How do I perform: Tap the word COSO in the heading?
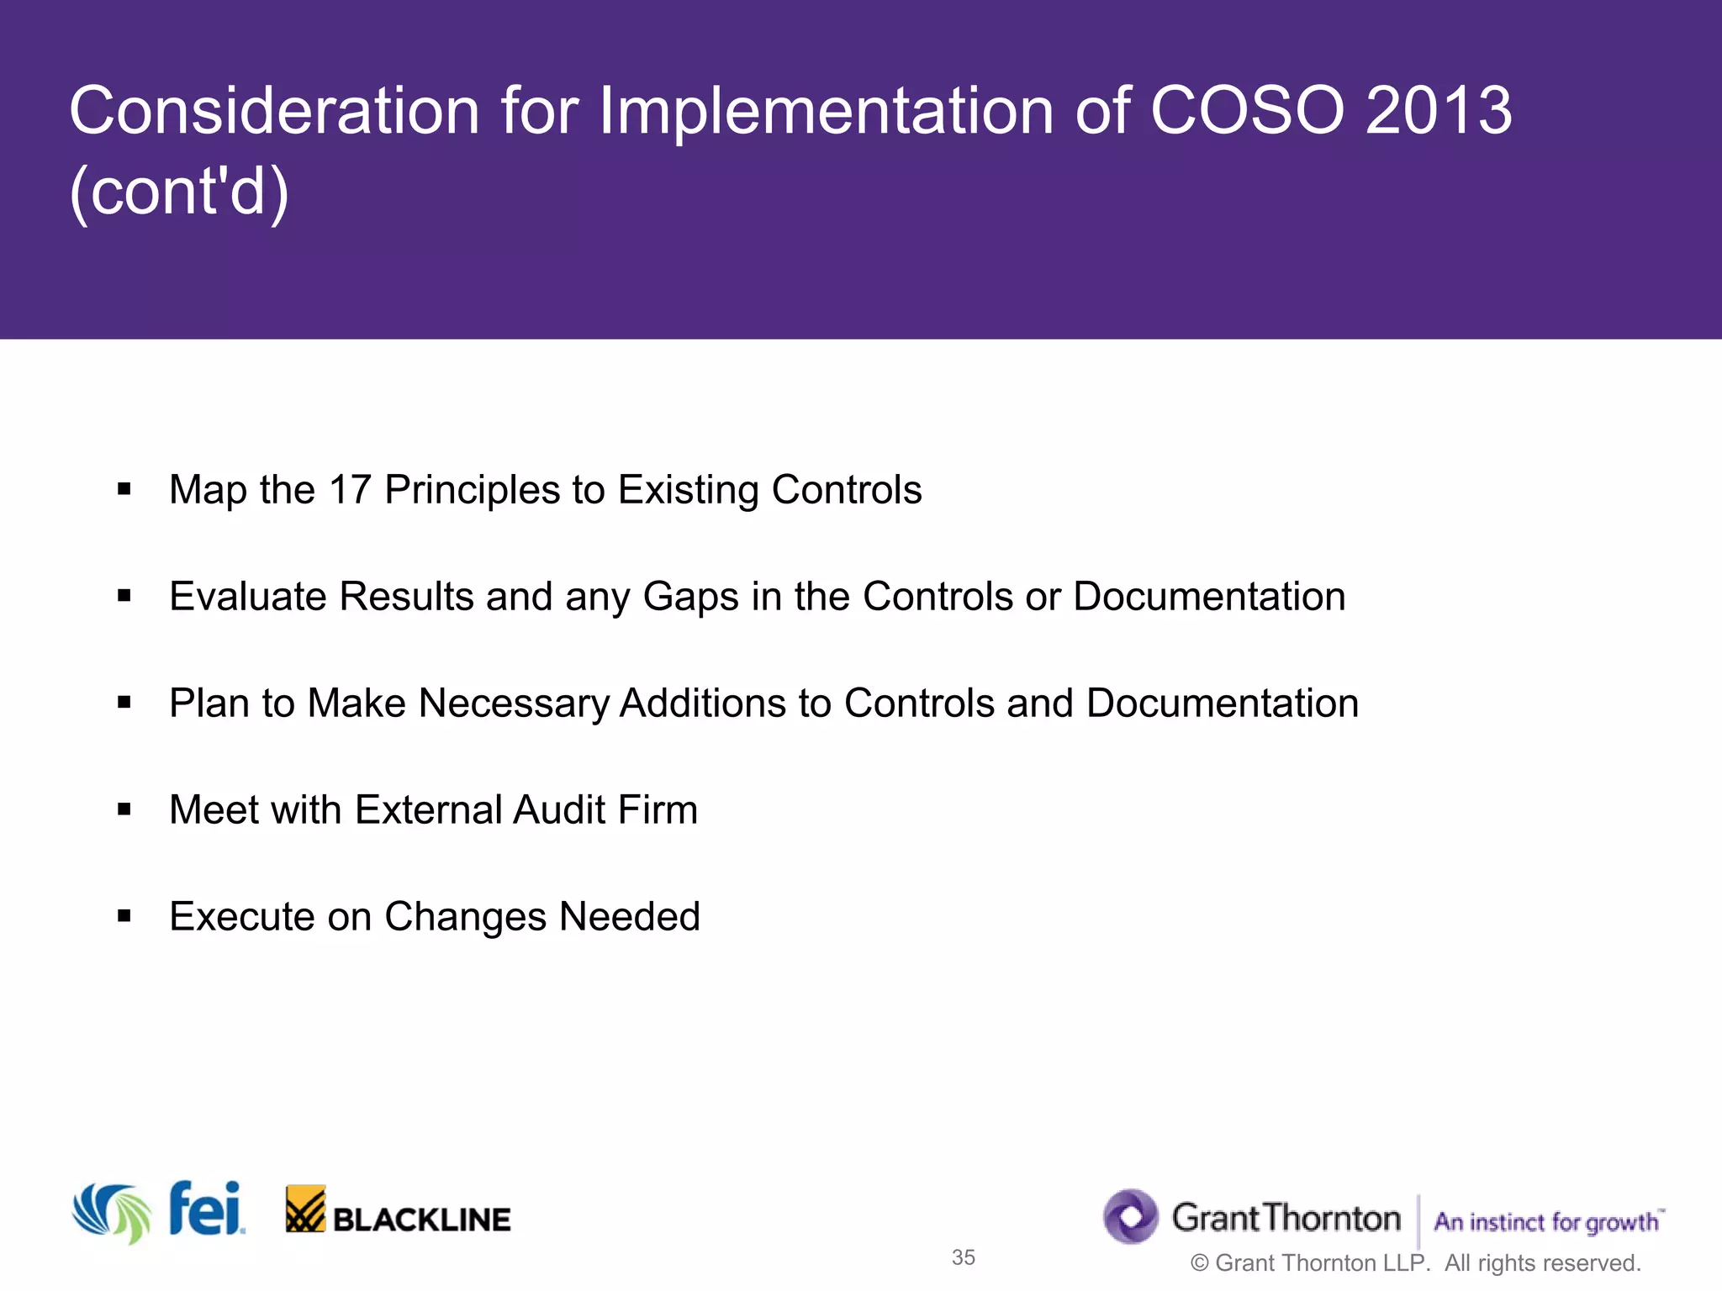[x=1247, y=111]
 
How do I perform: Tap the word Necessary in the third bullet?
[x=513, y=704]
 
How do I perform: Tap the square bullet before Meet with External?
[x=124, y=810]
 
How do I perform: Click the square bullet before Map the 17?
[x=124, y=490]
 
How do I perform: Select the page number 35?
[x=963, y=1257]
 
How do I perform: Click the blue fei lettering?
[x=206, y=1209]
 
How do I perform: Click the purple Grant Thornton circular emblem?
[x=1131, y=1216]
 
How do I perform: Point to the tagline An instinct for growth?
[x=1547, y=1222]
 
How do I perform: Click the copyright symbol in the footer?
[x=1200, y=1263]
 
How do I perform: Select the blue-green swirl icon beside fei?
[x=112, y=1213]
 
